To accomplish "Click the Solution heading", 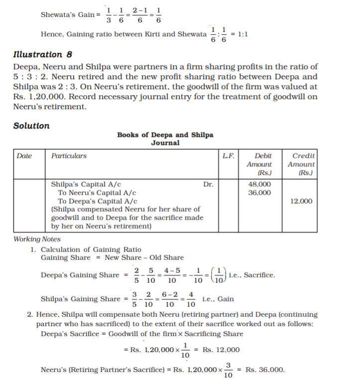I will (x=31, y=126).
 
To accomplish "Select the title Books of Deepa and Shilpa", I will (x=165, y=135).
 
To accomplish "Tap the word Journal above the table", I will (x=165, y=143).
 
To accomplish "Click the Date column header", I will (x=24, y=156).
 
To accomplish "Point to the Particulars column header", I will (x=69, y=156).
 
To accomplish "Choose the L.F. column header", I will (x=229, y=156).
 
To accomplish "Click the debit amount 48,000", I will (x=259, y=184).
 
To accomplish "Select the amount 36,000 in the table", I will (x=259, y=192).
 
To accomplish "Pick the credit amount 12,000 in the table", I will (x=301, y=201).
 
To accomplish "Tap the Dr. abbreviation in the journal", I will (x=208, y=184).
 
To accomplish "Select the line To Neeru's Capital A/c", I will (x=97, y=192).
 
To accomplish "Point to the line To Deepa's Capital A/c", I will (x=97, y=201).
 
